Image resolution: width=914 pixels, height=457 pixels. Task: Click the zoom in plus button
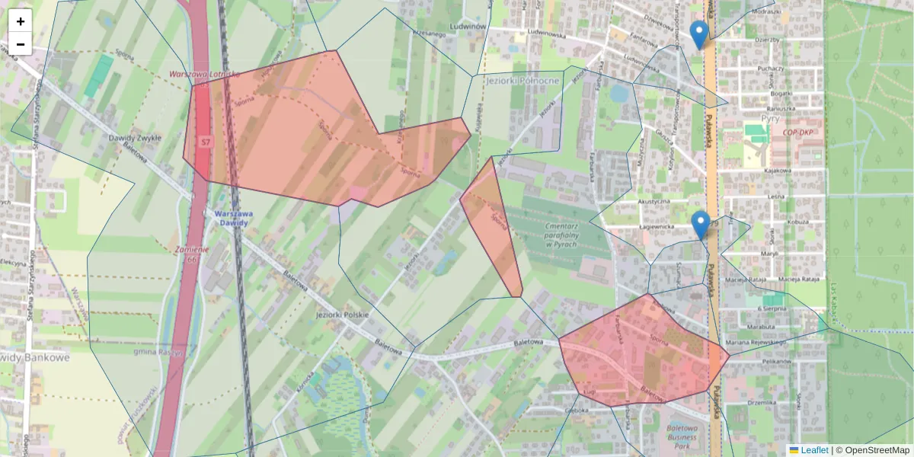pyautogui.click(x=21, y=21)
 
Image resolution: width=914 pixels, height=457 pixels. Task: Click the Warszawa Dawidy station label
pyautogui.click(x=232, y=219)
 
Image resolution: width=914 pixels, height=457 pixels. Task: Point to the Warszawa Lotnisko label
pyautogui.click(x=204, y=75)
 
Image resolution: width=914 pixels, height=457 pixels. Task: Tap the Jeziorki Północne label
pyautogui.click(x=523, y=80)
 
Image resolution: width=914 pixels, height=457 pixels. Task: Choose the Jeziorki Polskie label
pyautogui.click(x=342, y=315)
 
